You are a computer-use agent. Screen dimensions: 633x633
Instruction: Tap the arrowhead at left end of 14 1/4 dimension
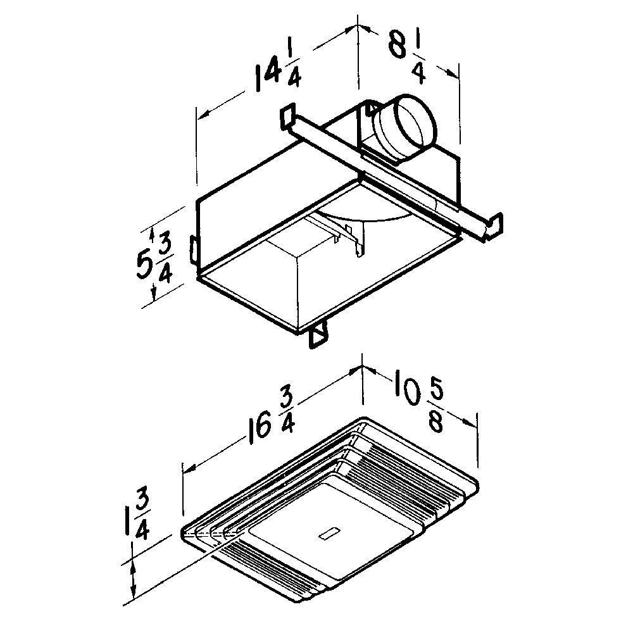point(201,115)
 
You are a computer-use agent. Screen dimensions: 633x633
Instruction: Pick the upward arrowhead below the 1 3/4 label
point(133,560)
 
